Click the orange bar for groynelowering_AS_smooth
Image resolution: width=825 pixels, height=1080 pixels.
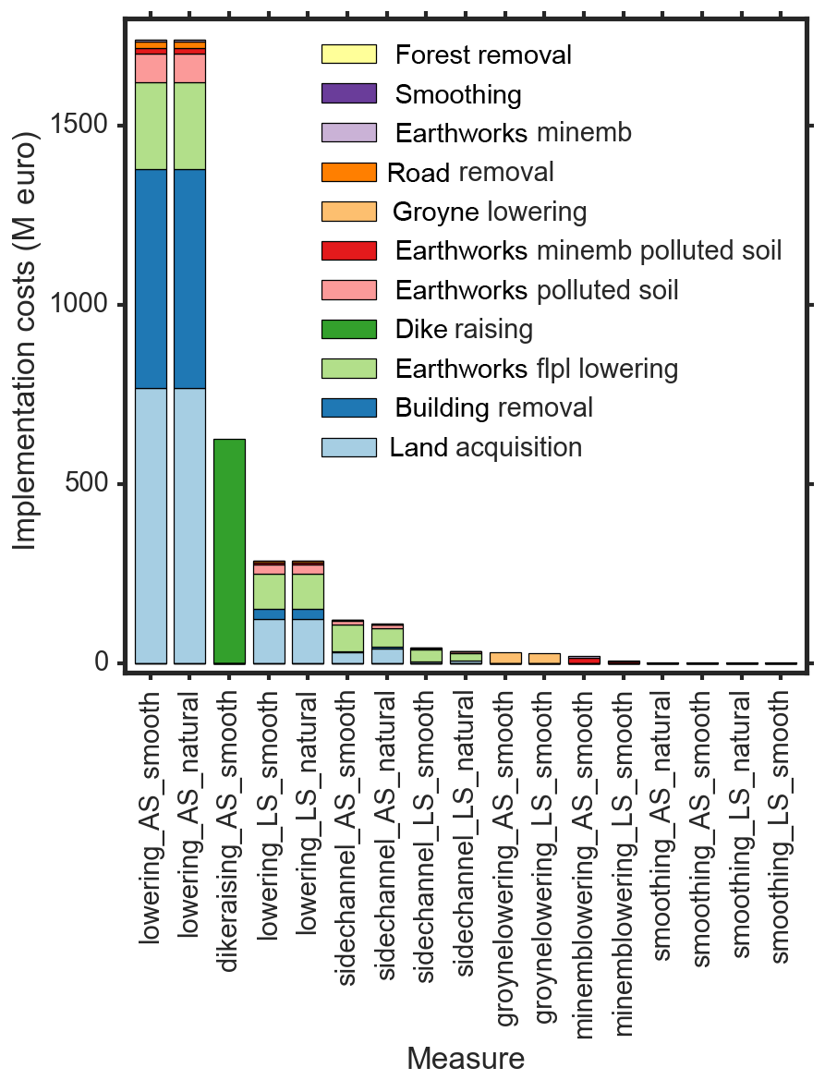pos(505,658)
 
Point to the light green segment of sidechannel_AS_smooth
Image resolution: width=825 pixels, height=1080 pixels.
pos(348,638)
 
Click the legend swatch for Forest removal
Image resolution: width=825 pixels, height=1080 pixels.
pos(348,55)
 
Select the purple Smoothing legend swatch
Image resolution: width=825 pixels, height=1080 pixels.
pos(348,94)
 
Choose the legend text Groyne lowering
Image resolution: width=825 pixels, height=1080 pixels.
pos(490,212)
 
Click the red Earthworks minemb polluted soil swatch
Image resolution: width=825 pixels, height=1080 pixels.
pos(348,251)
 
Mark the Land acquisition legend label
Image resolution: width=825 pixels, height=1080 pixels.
pos(486,448)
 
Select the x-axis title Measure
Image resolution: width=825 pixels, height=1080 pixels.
pos(466,1059)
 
